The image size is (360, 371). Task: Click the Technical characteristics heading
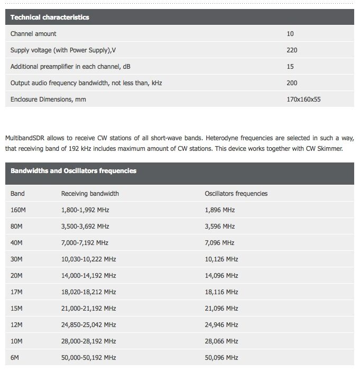(50, 17)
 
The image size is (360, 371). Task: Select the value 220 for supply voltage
(292, 50)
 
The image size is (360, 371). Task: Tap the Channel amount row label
(33, 34)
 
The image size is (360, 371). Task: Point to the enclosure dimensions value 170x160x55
(303, 99)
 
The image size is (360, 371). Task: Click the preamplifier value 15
(290, 67)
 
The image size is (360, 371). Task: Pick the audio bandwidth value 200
(292, 83)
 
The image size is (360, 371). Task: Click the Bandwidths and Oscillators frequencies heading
(73, 171)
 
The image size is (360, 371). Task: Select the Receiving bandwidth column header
(90, 194)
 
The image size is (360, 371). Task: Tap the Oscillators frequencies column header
(236, 194)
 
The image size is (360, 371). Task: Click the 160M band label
(18, 210)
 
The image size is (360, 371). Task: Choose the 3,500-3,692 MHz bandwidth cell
(85, 227)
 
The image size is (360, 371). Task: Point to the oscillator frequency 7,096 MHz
(219, 243)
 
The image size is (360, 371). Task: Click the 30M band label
(16, 259)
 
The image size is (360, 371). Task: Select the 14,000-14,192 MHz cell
(88, 276)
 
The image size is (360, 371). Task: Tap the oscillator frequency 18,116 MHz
(221, 292)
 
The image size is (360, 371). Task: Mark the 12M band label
(16, 325)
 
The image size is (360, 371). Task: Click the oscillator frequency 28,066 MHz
(221, 341)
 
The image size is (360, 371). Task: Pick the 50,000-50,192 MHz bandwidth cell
(88, 358)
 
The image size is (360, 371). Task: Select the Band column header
(17, 194)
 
